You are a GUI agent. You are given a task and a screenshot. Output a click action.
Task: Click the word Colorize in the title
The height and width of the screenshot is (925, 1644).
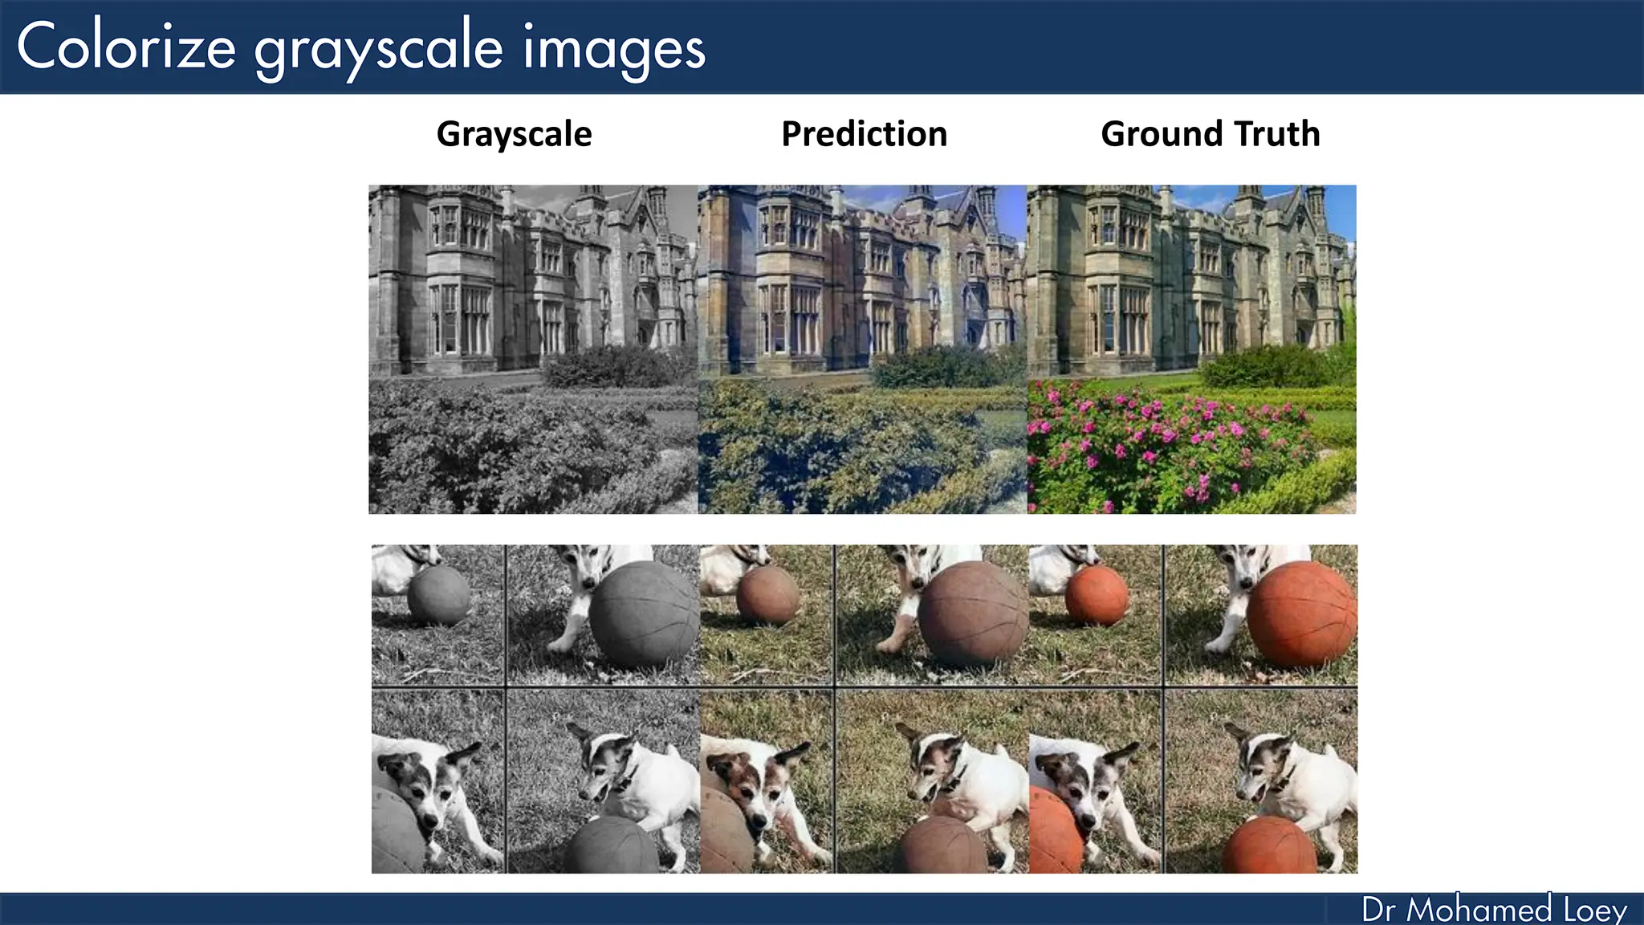click(x=126, y=47)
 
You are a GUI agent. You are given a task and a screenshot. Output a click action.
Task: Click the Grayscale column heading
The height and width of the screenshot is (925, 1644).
click(x=514, y=133)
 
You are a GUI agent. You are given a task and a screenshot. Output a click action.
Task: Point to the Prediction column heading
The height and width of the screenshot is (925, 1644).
click(x=864, y=133)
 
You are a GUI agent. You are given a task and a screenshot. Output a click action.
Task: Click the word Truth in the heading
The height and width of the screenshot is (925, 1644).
click(x=1277, y=133)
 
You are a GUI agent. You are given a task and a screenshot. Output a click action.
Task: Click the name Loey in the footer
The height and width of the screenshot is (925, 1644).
click(x=1595, y=910)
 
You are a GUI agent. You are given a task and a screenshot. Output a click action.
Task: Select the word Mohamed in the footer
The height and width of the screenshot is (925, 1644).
click(x=1479, y=910)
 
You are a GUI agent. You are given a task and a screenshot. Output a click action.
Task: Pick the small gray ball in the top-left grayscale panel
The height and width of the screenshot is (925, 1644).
click(x=438, y=596)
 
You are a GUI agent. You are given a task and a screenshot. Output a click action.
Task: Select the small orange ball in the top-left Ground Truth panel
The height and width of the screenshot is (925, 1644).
click(x=1097, y=596)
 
